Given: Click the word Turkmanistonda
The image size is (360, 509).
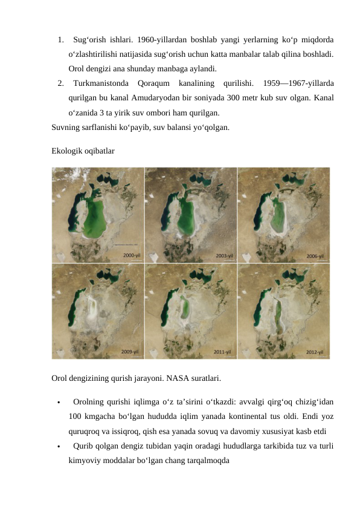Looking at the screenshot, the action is [x=99, y=83].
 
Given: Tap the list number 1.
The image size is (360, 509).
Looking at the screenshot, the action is [x=61, y=40].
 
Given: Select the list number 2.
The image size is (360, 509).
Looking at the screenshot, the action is [x=61, y=83].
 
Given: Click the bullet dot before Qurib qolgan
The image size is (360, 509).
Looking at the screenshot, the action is [x=56, y=447].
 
